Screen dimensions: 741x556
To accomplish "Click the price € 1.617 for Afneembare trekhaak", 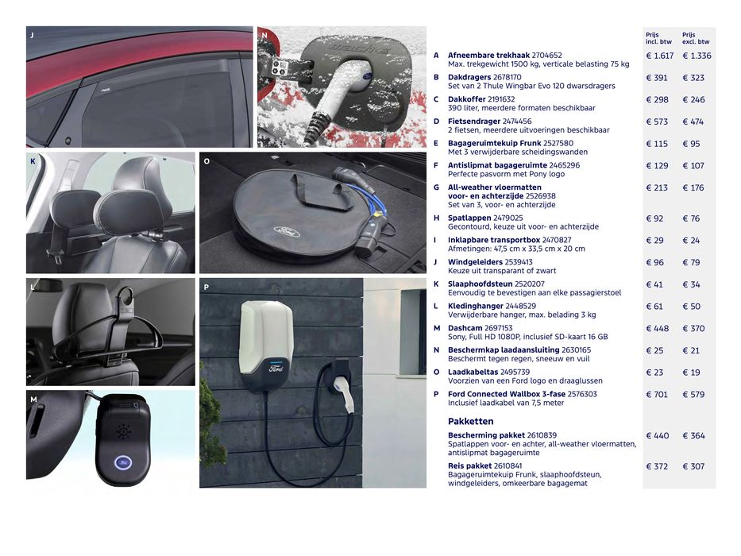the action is [x=660, y=56].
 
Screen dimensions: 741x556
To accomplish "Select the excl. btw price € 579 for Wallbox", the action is [x=693, y=394].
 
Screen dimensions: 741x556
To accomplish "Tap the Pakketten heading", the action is [x=471, y=421].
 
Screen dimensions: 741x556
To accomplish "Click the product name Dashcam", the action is [x=465, y=328].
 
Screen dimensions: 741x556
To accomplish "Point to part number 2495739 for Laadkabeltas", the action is [x=515, y=372].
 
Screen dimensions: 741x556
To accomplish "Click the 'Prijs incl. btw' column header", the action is [x=658, y=38].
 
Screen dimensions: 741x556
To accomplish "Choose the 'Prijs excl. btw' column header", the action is [x=696, y=38].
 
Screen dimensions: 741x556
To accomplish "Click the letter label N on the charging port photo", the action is [x=264, y=35].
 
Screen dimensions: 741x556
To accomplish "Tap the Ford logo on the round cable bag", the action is [x=287, y=233].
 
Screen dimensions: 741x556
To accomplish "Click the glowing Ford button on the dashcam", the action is [x=123, y=462].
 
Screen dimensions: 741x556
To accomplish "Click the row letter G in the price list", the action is [x=436, y=187].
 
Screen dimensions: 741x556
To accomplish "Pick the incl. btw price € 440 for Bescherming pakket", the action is [x=658, y=435].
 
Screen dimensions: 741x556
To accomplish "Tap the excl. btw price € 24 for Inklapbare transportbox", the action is [x=691, y=240].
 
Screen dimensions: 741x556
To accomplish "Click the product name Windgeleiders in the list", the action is [x=476, y=262].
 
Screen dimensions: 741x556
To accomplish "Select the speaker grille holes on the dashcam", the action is [x=124, y=431].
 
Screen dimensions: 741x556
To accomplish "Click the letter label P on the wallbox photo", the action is [x=206, y=287].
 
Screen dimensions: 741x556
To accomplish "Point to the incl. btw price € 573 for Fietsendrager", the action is [x=657, y=122].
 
